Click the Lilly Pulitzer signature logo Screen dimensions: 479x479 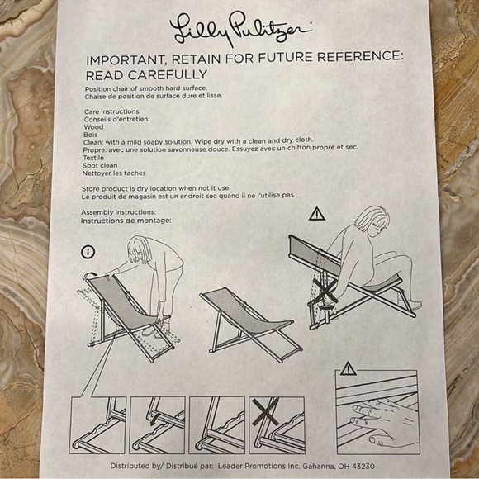click(x=240, y=29)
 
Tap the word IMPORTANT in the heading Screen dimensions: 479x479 click(x=126, y=59)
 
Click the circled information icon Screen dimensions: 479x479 click(x=88, y=253)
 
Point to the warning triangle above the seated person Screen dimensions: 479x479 click(x=317, y=214)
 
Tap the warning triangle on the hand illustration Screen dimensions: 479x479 click(x=349, y=369)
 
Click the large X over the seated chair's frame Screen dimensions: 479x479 click(x=325, y=292)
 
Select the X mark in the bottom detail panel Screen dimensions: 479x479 click(x=265, y=412)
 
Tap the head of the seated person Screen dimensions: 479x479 click(x=373, y=221)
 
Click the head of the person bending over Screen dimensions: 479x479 click(x=140, y=249)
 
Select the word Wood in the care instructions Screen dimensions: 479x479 click(x=93, y=127)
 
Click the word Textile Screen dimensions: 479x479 click(x=93, y=158)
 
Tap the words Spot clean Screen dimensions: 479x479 click(x=100, y=165)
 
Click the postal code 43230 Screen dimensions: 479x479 click(x=363, y=467)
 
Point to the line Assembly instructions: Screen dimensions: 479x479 click(x=119, y=212)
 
